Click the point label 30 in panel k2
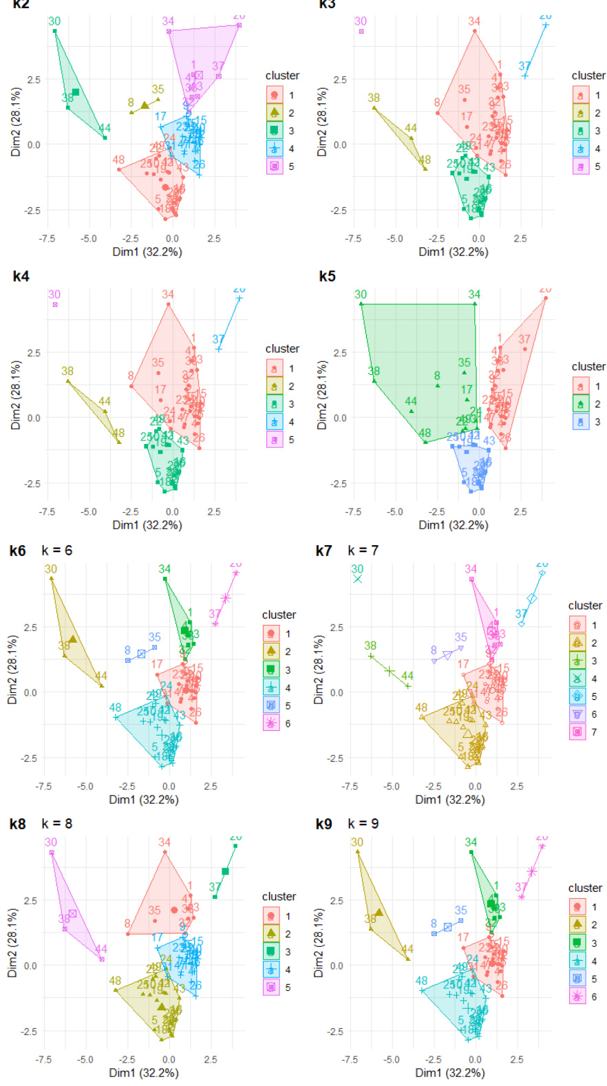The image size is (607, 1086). click(x=54, y=21)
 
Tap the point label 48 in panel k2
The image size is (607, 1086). click(x=118, y=160)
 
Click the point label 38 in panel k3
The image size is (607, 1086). click(x=374, y=98)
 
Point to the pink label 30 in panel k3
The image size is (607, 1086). click(x=361, y=21)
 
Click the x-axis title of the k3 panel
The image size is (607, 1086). click(x=453, y=252)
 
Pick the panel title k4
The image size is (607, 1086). click(x=21, y=277)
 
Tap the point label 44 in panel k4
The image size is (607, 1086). click(x=105, y=401)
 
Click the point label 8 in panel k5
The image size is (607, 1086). click(x=437, y=376)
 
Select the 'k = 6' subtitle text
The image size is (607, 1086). click(x=57, y=551)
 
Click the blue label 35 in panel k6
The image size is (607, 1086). click(x=155, y=637)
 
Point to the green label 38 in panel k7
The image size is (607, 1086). click(x=370, y=646)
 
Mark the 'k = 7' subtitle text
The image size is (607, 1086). click(x=363, y=551)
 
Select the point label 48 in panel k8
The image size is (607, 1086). click(x=115, y=981)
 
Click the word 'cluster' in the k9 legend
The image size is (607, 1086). click(x=585, y=888)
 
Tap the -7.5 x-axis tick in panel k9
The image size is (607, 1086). click(x=350, y=1059)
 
